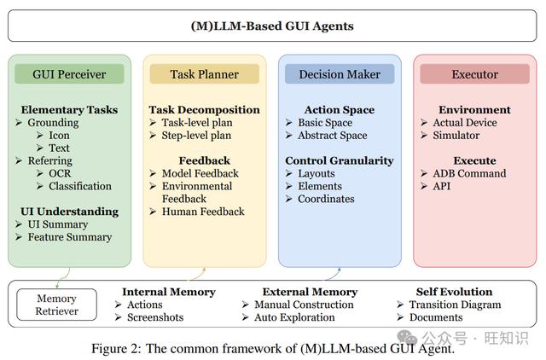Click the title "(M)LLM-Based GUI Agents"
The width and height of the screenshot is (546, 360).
[272, 26]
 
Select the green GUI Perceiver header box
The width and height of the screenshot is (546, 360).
[69, 74]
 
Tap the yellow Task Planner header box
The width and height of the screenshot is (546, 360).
[205, 74]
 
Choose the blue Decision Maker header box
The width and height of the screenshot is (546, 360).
[340, 74]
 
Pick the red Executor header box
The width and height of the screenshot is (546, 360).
[474, 74]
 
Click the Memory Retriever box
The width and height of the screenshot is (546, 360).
[57, 305]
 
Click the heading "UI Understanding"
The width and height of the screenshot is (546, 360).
[69, 212]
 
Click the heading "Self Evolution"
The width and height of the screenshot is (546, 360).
[454, 292]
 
